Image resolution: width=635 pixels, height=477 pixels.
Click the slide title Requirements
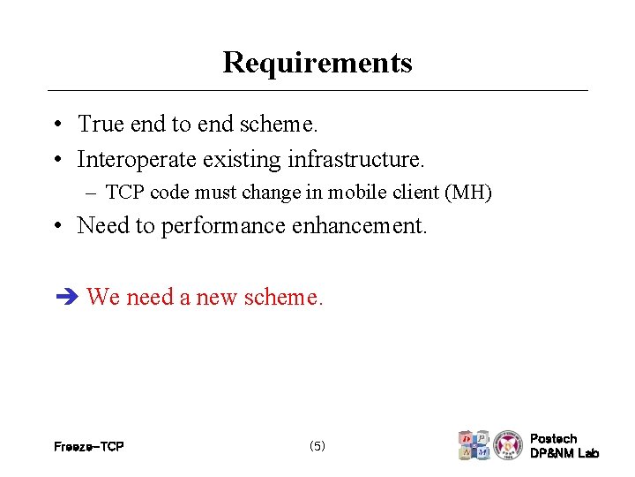(x=317, y=63)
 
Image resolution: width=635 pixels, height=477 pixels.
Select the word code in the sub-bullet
(x=165, y=193)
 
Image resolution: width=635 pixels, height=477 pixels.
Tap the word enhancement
(x=357, y=226)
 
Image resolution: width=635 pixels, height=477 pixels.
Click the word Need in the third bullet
(x=102, y=226)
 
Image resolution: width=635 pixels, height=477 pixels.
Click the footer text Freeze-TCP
(x=88, y=447)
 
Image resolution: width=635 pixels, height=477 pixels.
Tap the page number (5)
(x=317, y=446)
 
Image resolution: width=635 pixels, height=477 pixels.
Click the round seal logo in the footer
(x=508, y=445)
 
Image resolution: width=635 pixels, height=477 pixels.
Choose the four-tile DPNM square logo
(x=474, y=445)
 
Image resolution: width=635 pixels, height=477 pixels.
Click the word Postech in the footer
(x=554, y=439)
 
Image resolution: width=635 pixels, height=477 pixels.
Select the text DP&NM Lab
(x=564, y=454)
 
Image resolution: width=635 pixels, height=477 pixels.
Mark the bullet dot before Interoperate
(x=56, y=161)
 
